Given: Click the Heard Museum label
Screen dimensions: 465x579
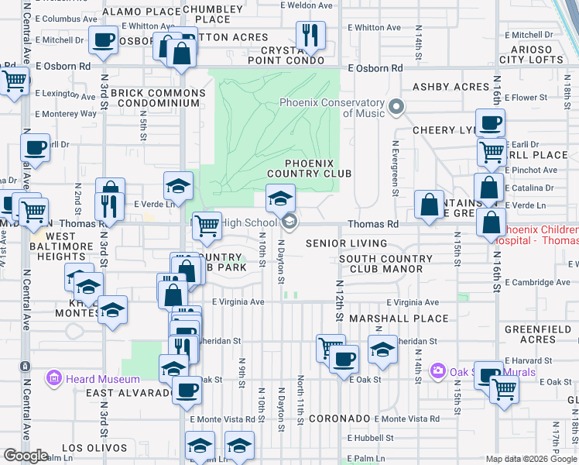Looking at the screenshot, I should point(101,379).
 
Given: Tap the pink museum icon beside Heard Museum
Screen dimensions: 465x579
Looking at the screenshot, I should point(54,379).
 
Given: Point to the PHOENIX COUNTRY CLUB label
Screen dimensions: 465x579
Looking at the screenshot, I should point(310,168).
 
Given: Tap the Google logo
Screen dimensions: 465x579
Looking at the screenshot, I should point(25,455).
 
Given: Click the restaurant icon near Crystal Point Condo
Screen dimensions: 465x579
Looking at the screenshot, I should point(310,35).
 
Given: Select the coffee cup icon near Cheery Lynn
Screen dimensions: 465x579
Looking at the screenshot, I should point(489,122).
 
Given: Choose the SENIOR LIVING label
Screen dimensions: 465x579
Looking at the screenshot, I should point(346,243).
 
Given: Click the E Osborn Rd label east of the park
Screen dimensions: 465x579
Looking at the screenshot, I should point(375,68).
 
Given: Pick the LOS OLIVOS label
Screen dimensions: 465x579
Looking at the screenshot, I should point(94,448).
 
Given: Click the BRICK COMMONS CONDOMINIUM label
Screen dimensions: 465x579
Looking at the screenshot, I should point(159,98).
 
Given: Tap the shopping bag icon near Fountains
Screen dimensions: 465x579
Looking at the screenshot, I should point(429,205).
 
